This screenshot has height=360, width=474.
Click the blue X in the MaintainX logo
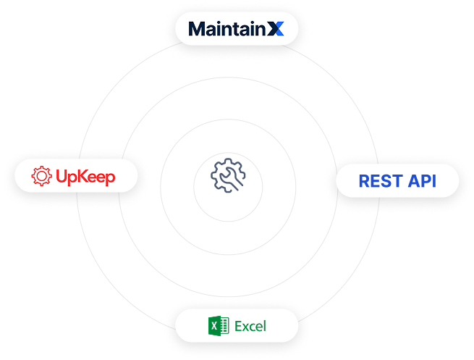click(274, 29)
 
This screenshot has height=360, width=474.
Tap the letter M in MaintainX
click(196, 29)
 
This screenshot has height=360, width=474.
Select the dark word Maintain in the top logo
click(225, 29)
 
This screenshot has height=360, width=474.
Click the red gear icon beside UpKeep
click(42, 176)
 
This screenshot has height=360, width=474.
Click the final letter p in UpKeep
click(109, 178)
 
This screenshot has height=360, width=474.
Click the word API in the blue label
click(421, 180)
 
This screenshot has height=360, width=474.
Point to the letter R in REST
click(365, 180)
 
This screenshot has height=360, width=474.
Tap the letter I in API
click(433, 180)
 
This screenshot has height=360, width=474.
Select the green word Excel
click(250, 326)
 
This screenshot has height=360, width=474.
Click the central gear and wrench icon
click(229, 175)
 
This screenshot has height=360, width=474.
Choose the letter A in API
click(410, 180)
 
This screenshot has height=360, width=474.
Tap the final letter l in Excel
click(264, 326)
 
